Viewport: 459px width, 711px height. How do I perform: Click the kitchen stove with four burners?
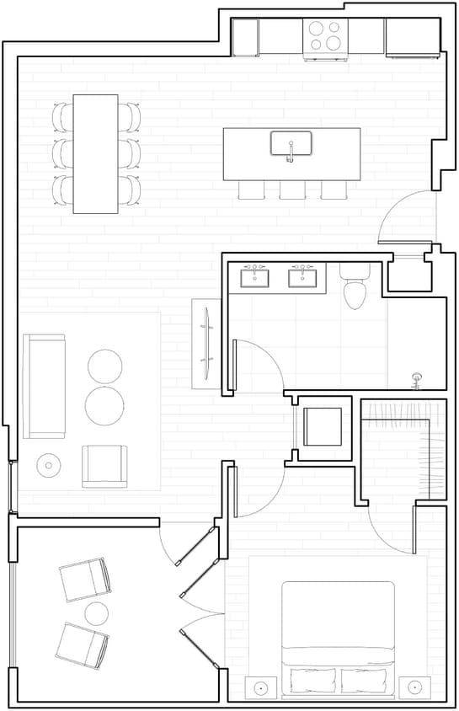pyautogui.click(x=325, y=36)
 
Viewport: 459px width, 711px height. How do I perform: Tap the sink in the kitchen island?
pyautogui.click(x=291, y=144)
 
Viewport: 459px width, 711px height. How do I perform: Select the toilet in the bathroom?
pyautogui.click(x=354, y=289)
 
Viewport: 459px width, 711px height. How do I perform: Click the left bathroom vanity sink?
pyautogui.click(x=255, y=277)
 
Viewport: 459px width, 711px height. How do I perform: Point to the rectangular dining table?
pyautogui.click(x=95, y=153)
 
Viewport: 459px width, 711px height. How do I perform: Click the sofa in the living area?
pyautogui.click(x=44, y=386)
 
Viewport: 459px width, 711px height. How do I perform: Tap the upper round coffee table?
pyautogui.click(x=105, y=366)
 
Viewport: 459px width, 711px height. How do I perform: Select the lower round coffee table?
pyautogui.click(x=104, y=405)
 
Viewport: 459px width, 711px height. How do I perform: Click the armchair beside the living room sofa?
pyautogui.click(x=105, y=466)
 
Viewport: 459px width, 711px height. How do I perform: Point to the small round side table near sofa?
pyautogui.click(x=48, y=464)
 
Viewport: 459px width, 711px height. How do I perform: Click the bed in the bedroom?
pyautogui.click(x=338, y=632)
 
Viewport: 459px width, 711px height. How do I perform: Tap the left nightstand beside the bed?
pyautogui.click(x=261, y=687)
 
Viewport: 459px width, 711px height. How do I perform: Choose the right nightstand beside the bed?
pyautogui.click(x=414, y=687)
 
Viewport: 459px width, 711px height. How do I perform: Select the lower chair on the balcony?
pyautogui.click(x=82, y=643)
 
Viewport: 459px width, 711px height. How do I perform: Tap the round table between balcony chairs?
pyautogui.click(x=97, y=612)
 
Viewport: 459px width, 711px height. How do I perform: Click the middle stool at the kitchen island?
pyautogui.click(x=291, y=190)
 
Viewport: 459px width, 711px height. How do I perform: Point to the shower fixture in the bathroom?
pyautogui.click(x=414, y=380)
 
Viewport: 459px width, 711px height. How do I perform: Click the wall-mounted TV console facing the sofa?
pyautogui.click(x=205, y=343)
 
